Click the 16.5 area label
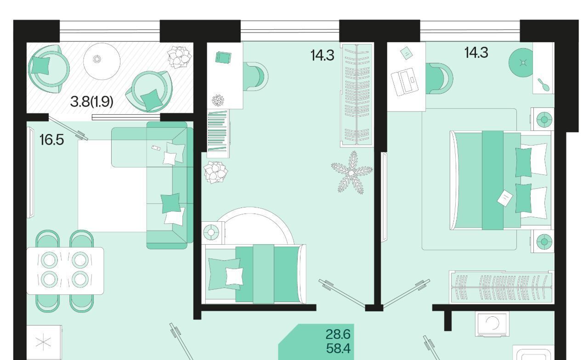click(x=51, y=140)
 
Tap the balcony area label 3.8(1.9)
click(x=91, y=101)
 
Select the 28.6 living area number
click(x=338, y=334)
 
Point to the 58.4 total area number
click(x=338, y=349)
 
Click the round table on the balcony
click(x=102, y=61)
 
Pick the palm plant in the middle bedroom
click(x=352, y=172)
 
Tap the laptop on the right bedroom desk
click(x=405, y=82)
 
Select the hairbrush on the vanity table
click(x=543, y=85)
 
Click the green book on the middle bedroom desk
click(x=223, y=57)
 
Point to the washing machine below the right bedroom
click(x=492, y=324)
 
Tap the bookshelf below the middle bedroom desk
click(x=218, y=134)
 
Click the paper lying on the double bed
click(x=504, y=198)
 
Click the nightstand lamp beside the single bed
click(x=211, y=232)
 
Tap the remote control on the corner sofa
click(x=156, y=148)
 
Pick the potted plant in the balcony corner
click(x=180, y=57)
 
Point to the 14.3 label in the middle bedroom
click(x=322, y=56)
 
